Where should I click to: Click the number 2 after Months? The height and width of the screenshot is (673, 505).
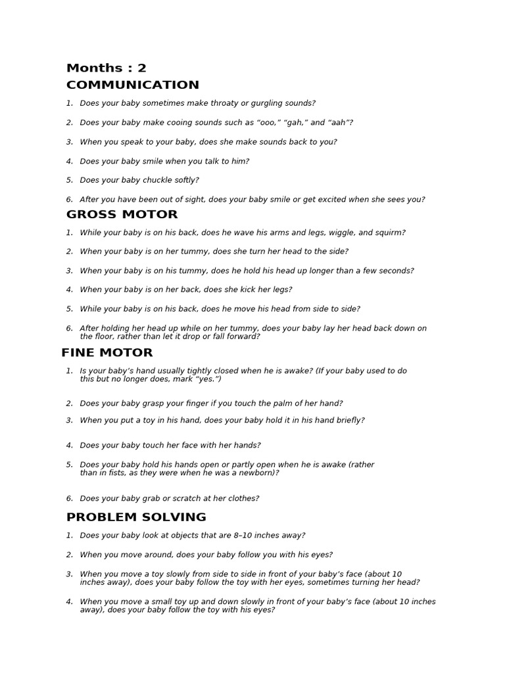(142, 68)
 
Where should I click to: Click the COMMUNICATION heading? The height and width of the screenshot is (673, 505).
(133, 85)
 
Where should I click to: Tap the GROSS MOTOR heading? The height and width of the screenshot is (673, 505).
(122, 214)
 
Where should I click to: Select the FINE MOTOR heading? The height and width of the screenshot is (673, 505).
(107, 353)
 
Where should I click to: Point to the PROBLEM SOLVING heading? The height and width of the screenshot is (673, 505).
(136, 517)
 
